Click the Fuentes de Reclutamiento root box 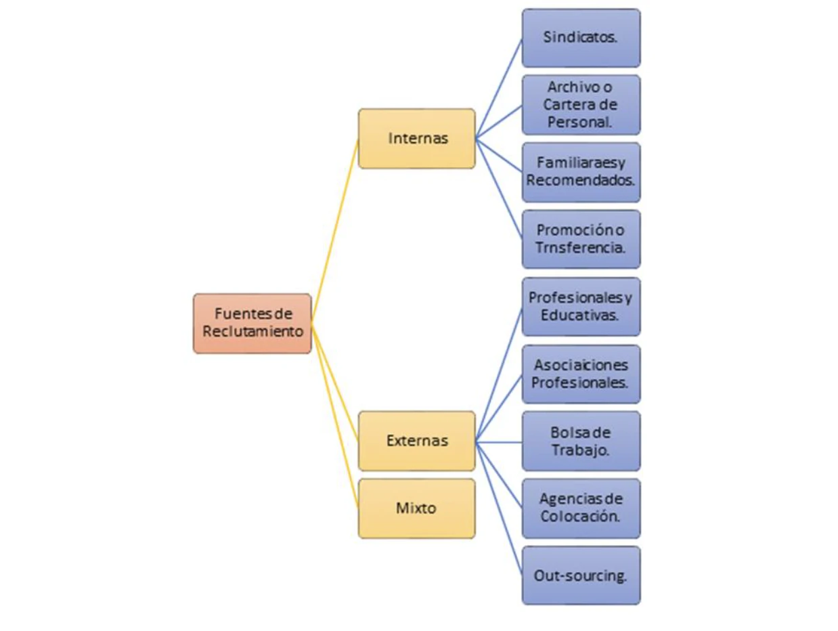point(252,324)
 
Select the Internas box point(416,139)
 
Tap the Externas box point(416,441)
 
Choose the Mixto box point(416,508)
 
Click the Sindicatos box point(581,38)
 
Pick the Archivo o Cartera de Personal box point(581,104)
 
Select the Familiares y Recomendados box point(581,172)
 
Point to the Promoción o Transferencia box point(581,240)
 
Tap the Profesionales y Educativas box point(581,307)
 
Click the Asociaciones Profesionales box point(581,374)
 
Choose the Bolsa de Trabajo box point(581,441)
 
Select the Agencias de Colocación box point(581,508)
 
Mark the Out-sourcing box point(581,575)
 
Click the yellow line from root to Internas point(335,231)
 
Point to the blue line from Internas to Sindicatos point(499,88)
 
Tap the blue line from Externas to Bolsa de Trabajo point(499,442)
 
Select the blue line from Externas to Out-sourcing point(499,508)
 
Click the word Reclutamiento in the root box point(252,331)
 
